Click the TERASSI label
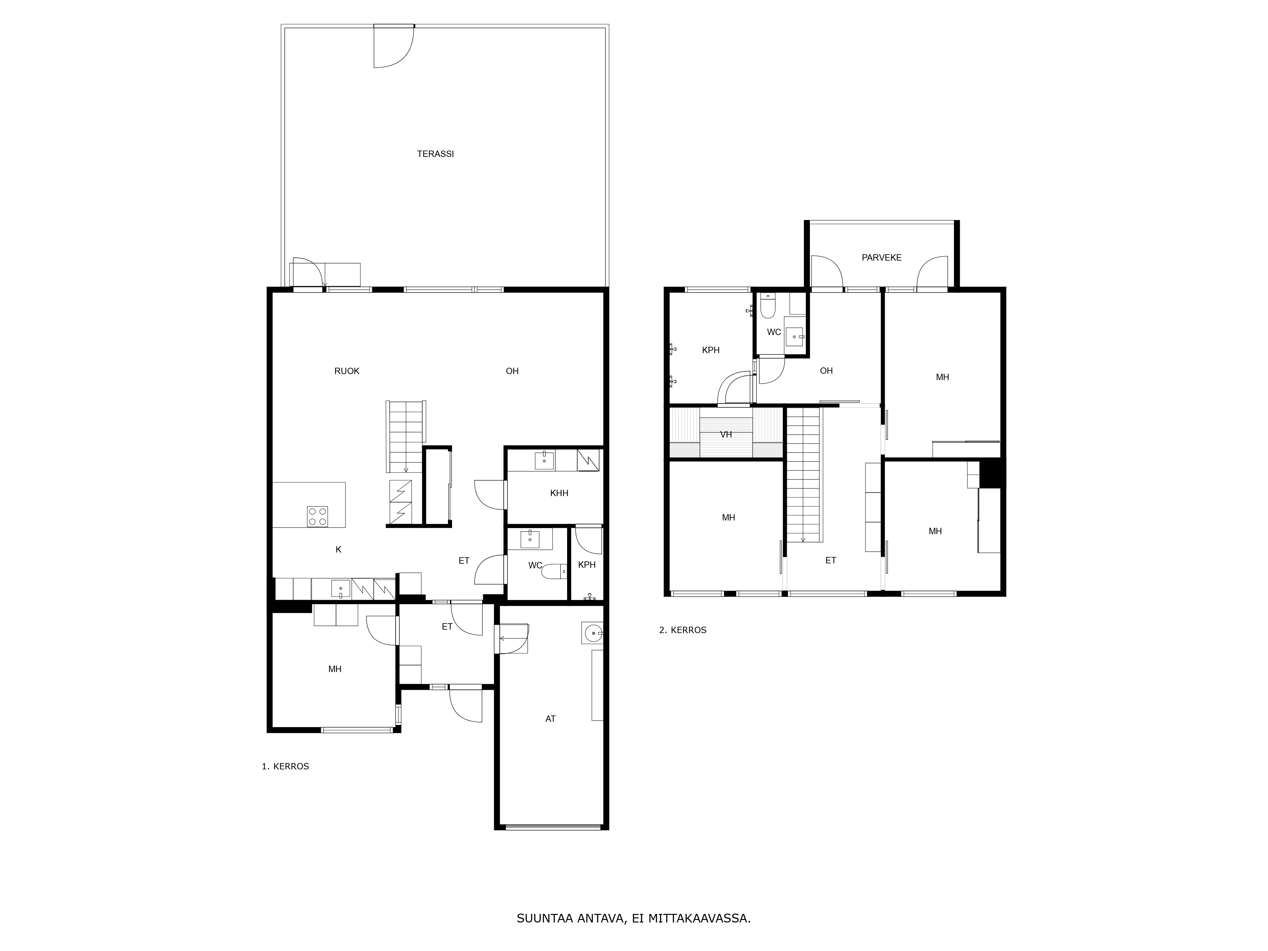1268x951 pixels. pyautogui.click(x=435, y=154)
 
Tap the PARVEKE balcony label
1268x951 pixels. pyautogui.click(x=882, y=257)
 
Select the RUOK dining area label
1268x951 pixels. pyautogui.click(x=347, y=371)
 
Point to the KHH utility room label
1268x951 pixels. pyautogui.click(x=559, y=493)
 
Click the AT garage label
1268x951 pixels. pyautogui.click(x=550, y=719)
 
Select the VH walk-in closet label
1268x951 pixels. pyautogui.click(x=726, y=435)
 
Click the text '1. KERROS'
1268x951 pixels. pyautogui.click(x=286, y=767)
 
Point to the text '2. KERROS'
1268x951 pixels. pyautogui.click(x=683, y=630)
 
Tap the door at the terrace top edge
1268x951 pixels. pyautogui.click(x=394, y=46)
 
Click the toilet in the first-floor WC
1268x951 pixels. pyautogui.click(x=553, y=572)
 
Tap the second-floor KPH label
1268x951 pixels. pyautogui.click(x=711, y=350)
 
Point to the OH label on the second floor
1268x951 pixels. pyautogui.click(x=826, y=371)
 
